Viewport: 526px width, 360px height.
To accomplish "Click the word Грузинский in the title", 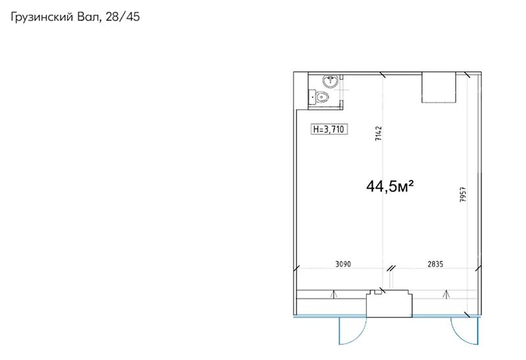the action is pyautogui.click(x=41, y=17).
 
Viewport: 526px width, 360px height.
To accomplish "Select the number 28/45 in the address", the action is pyautogui.click(x=122, y=17).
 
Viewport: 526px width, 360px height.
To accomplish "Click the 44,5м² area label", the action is pyautogui.click(x=390, y=186).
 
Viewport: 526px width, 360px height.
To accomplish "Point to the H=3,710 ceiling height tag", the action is pyautogui.click(x=329, y=129).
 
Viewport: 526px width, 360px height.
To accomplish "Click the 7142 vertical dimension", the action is pyautogui.click(x=379, y=133).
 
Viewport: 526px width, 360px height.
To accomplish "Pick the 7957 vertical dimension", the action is pyautogui.click(x=463, y=194).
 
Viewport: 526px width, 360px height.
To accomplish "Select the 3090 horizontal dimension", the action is pyautogui.click(x=343, y=264).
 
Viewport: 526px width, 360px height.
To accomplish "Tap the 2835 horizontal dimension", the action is pyautogui.click(x=435, y=264).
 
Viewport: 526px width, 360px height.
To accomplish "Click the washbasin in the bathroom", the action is pyautogui.click(x=331, y=81).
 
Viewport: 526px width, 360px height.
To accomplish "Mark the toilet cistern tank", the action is pyautogui.click(x=312, y=97).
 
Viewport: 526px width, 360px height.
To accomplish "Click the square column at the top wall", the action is pyautogui.click(x=439, y=88).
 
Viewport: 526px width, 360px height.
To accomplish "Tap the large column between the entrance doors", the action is pyautogui.click(x=389, y=304).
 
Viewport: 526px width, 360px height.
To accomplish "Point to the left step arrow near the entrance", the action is pyautogui.click(x=334, y=294).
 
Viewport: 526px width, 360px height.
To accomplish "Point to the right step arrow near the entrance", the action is pyautogui.click(x=446, y=294).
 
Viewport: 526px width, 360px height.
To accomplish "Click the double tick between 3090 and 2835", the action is pyautogui.click(x=391, y=268).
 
